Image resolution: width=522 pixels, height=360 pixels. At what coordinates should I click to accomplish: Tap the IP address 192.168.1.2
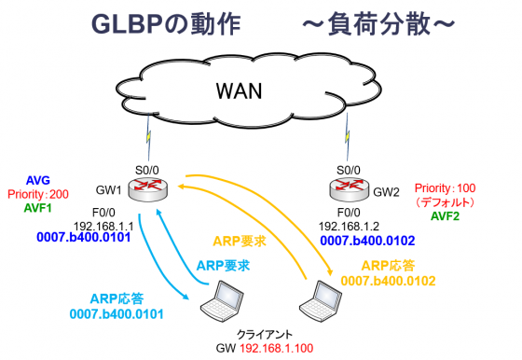pos(349,226)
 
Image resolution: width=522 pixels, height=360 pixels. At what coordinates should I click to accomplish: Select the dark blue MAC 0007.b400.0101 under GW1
pos(89,239)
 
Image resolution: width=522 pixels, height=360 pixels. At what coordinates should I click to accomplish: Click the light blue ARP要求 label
pos(224,265)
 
